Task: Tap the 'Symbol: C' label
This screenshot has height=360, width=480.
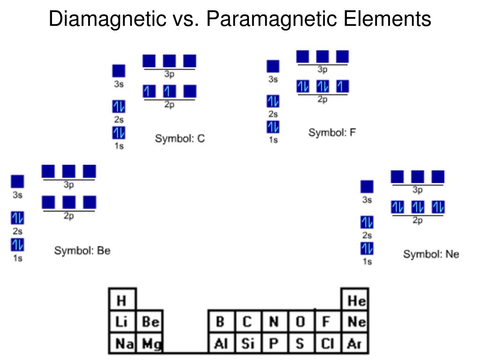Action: point(180,139)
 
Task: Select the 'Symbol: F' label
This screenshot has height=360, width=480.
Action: point(332,133)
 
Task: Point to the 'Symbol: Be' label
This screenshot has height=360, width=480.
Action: point(82,251)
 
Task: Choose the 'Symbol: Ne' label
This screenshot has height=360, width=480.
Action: point(431,255)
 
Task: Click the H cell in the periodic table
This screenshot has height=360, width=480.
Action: point(121,300)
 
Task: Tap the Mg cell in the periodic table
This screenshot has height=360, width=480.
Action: point(150,344)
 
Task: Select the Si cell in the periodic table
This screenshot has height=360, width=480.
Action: point(247,344)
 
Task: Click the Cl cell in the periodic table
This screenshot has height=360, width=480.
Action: point(327,344)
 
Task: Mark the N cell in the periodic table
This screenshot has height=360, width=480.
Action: point(274,322)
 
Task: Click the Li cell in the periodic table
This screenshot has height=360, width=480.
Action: point(121,322)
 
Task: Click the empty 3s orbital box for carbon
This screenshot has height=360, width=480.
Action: point(119,71)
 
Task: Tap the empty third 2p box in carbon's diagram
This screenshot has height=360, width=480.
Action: point(190,91)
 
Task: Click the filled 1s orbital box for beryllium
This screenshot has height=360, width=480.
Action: point(17,245)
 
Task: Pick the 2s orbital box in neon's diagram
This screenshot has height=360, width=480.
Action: point(367,222)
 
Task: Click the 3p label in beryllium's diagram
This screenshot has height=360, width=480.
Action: point(68,185)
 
